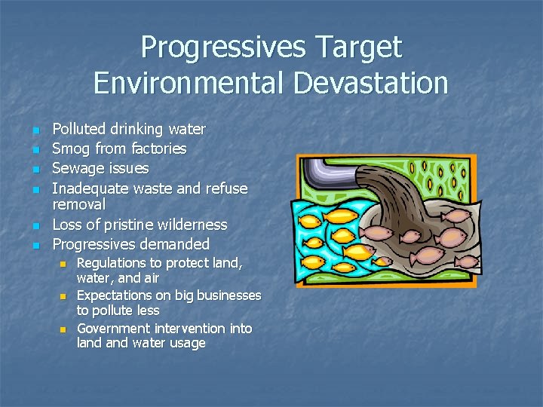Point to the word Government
point(113,329)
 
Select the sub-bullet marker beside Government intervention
point(63,329)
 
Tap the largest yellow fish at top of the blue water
point(342,216)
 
